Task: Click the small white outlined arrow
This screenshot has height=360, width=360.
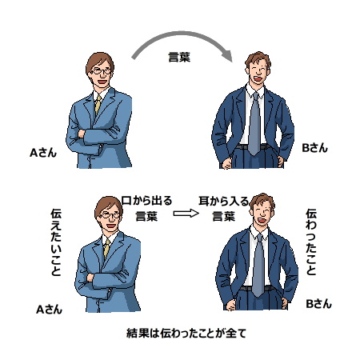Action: pos(186,214)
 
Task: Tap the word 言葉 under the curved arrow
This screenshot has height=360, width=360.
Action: pos(179,57)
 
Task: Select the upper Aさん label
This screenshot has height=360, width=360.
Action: pos(43,153)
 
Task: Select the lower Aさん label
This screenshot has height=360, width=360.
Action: pos(50,310)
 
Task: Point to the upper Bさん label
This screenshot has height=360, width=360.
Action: pos(314,148)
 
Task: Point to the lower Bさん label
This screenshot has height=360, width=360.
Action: pos(318,304)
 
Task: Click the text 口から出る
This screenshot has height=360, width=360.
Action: pos(146,201)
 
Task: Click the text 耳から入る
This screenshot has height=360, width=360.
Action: pos(223,201)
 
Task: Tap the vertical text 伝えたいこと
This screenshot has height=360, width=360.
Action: pos(56,242)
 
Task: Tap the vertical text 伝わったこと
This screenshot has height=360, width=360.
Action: pos(311,242)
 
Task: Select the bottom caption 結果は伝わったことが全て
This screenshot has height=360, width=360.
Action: pos(186,333)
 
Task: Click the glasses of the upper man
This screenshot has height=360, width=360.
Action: pos(102,71)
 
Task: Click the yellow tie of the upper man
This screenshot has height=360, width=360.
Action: pos(98,105)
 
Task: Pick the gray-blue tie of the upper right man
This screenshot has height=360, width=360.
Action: pos(254,124)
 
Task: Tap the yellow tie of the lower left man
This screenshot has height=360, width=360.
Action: pos(106,249)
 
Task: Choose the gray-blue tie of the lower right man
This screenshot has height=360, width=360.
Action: pos(258,266)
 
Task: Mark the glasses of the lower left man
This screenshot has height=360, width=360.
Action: pos(110,215)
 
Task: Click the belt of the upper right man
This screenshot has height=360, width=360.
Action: pos(252,147)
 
